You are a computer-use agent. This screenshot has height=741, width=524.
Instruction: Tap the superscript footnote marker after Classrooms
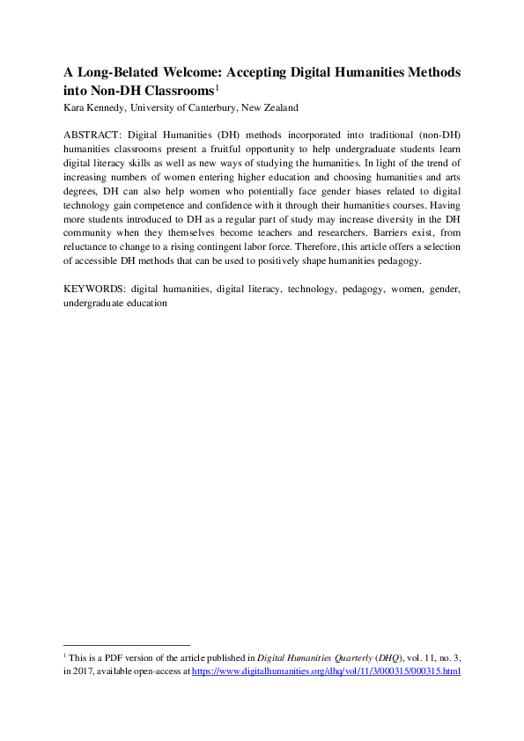pos(218,86)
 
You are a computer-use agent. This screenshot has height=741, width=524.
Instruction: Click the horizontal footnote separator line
pos(127,645)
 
